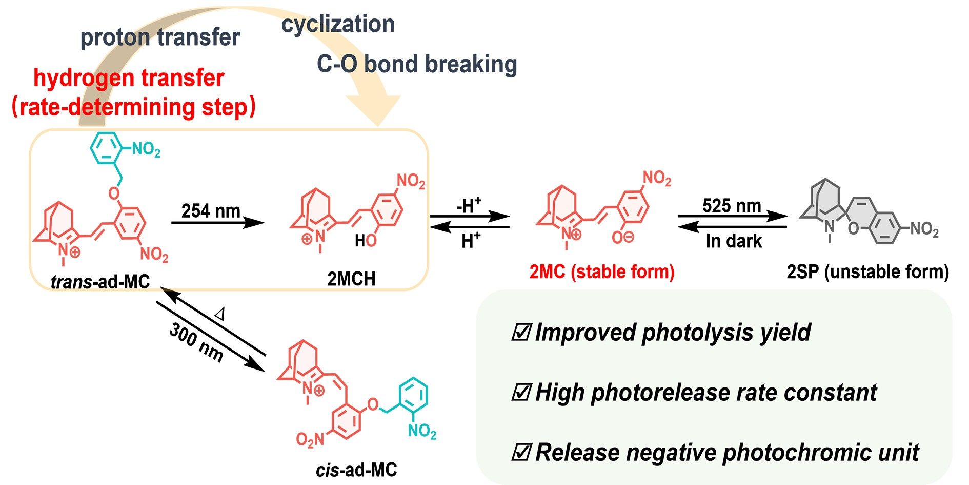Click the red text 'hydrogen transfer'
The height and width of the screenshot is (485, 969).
point(129,78)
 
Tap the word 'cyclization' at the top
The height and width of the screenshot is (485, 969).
point(338,24)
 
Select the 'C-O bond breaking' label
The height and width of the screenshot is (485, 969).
point(417,64)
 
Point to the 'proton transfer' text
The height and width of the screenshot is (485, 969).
point(160,37)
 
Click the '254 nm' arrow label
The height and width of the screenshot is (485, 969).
point(211,210)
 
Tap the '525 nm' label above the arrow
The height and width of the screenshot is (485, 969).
point(732,206)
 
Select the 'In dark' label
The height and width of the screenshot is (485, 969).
point(734,241)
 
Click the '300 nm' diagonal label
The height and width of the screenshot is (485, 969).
point(196,342)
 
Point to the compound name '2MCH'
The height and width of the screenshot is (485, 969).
point(352,279)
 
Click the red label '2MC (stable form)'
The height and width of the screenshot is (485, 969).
point(602,271)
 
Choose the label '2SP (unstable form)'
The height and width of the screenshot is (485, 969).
point(867,271)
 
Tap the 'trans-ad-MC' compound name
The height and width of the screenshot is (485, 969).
point(100,281)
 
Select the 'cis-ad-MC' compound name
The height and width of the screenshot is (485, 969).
point(356,470)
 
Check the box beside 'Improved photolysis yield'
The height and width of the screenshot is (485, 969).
point(521,333)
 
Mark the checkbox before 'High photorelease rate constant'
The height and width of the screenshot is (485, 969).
point(521,393)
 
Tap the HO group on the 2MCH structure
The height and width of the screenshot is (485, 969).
point(366,240)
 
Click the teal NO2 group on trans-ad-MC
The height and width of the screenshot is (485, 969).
point(146,150)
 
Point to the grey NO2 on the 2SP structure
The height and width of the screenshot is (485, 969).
point(924,229)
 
